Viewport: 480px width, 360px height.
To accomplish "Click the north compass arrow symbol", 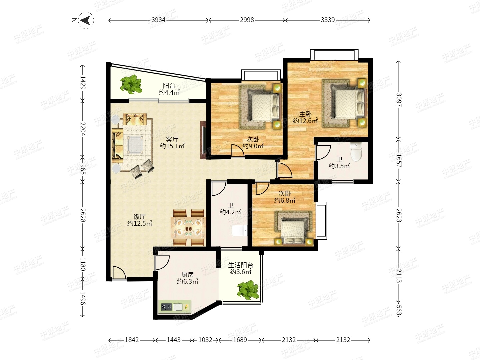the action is [x=86, y=20].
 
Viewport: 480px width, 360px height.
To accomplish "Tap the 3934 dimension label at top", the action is [x=158, y=20].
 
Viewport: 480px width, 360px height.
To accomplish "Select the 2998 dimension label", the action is [x=247, y=20].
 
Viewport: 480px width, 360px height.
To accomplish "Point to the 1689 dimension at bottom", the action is [x=240, y=340].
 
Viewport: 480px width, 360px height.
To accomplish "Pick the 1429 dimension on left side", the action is [x=83, y=83].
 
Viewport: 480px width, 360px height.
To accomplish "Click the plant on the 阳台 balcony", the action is [x=131, y=84].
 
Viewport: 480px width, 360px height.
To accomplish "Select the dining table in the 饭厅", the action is [x=189, y=228].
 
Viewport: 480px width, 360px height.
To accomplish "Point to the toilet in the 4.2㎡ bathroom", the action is [x=240, y=230].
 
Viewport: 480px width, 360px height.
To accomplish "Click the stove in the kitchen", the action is [x=167, y=307].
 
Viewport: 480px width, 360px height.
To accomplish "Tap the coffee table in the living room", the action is [x=135, y=144].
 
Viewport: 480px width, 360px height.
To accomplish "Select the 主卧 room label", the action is [x=305, y=114].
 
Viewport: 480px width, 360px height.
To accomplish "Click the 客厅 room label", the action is [x=172, y=139].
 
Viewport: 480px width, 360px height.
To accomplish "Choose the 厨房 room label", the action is [x=187, y=275].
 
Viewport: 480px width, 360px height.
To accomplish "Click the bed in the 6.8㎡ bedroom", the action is [x=293, y=228].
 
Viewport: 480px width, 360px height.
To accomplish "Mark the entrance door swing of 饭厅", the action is [x=119, y=273].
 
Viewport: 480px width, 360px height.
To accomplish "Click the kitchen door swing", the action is [x=162, y=263].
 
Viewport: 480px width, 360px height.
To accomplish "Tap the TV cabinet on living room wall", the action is [x=203, y=140].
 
